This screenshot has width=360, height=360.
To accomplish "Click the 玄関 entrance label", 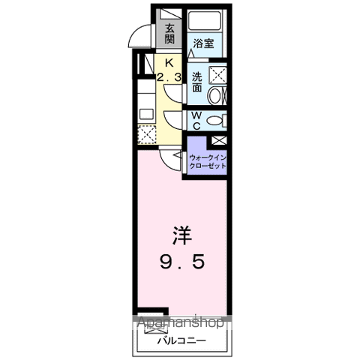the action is (169, 34).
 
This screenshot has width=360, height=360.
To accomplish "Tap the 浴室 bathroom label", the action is (204, 43).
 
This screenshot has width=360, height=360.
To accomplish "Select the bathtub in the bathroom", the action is (205, 20).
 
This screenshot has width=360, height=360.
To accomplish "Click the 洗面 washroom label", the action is (197, 82).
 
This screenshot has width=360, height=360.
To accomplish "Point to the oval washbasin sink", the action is (214, 96).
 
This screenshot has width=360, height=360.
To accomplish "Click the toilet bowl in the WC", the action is (214, 121).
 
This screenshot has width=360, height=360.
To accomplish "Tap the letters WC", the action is (197, 121).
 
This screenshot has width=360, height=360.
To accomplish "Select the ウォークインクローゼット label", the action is (208, 162).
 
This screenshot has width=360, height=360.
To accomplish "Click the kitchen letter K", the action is (169, 63).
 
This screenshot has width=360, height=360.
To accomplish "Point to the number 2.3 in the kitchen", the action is (169, 78).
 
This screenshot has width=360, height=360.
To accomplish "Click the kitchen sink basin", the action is (147, 114).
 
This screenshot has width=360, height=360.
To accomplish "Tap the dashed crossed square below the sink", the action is (147, 134).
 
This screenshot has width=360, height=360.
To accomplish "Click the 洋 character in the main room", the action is (181, 235).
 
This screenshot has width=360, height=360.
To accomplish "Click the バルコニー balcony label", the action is (181, 340).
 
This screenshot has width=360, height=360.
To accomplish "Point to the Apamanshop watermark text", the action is (181, 322).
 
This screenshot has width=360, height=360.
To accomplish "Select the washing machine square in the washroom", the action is (217, 75).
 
